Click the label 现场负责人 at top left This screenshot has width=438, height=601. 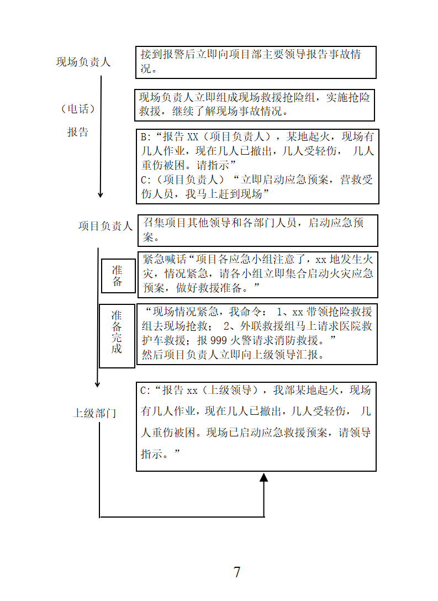(83, 62)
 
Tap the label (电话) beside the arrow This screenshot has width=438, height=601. (78, 109)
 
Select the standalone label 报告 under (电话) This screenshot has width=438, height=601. (78, 132)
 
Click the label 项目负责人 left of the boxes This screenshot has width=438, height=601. (105, 226)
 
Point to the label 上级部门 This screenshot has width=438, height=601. (94, 413)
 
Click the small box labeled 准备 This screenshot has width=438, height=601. (118, 276)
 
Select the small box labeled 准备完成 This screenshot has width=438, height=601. (117, 336)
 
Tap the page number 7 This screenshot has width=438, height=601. (237, 572)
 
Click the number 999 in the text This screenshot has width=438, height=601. (219, 340)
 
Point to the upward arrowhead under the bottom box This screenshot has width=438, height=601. (263, 477)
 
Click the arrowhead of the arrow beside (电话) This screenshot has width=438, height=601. (101, 194)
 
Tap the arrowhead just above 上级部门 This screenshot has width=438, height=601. (97, 384)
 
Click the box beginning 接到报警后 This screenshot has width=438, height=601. (256, 62)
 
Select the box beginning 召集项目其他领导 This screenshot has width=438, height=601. (258, 230)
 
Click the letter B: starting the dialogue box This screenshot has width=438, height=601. (146, 137)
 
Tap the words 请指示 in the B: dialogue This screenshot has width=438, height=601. (213, 165)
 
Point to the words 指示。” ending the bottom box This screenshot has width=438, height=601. (160, 454)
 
